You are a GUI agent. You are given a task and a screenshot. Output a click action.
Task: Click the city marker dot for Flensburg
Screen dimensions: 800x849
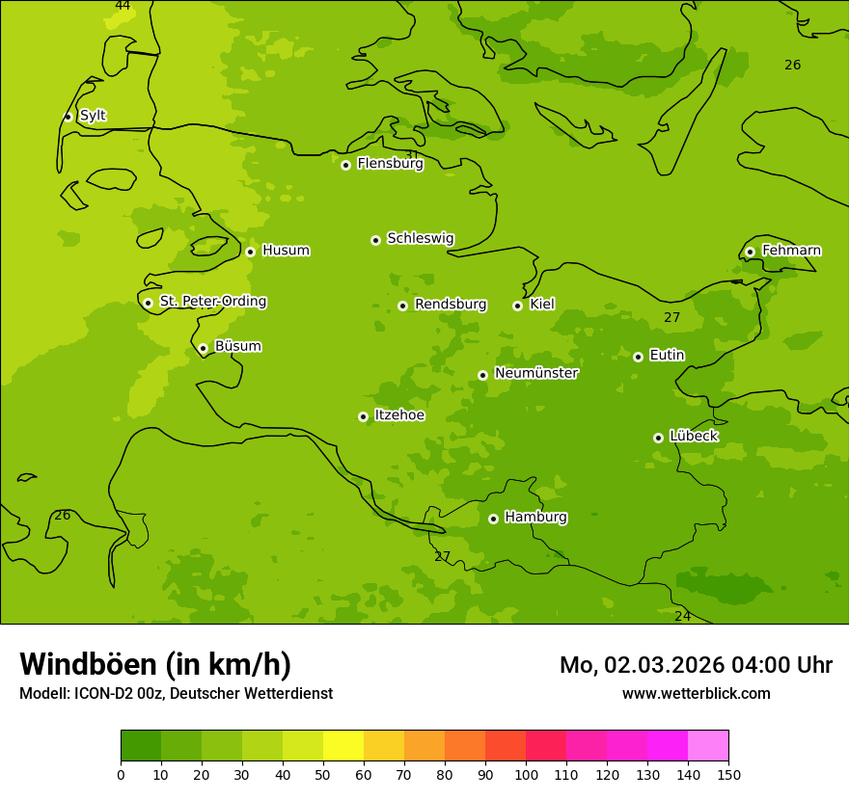tap(345, 165)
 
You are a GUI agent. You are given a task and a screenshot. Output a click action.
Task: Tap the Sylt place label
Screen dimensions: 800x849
tap(93, 116)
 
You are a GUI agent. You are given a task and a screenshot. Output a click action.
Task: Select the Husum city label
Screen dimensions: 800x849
tap(286, 251)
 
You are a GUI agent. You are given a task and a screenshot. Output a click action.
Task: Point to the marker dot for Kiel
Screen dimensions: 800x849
tap(517, 306)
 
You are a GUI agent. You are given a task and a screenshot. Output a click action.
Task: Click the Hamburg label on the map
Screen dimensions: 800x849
tap(535, 518)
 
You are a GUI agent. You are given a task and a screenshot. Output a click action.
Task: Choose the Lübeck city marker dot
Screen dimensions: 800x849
tap(658, 438)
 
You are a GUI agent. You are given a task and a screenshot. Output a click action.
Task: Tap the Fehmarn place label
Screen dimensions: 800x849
tap(791, 251)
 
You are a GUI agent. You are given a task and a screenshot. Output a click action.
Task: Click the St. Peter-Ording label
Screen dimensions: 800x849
tap(212, 302)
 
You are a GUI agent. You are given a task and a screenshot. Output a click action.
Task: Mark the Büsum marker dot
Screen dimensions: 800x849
tap(203, 348)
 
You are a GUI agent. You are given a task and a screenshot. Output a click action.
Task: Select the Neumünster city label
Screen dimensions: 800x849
tap(535, 373)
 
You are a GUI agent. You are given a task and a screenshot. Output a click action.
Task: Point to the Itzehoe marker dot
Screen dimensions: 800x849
tap(363, 416)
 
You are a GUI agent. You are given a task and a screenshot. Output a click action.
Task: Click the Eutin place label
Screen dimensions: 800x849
tap(667, 356)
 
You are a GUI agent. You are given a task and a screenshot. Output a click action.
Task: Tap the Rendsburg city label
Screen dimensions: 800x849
tap(451, 305)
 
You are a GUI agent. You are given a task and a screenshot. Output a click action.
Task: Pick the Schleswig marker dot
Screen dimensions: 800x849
tap(375, 240)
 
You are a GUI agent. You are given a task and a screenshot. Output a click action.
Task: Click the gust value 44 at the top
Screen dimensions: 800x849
tap(123, 6)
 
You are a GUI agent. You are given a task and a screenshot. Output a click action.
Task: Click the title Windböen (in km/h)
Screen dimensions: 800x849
tap(155, 664)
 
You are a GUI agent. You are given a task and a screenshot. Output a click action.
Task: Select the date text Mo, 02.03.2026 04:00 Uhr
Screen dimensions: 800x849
tap(696, 665)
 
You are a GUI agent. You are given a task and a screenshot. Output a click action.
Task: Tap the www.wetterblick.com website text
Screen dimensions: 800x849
tap(696, 693)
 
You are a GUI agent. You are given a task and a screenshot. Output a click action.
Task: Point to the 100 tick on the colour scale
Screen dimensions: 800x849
tap(526, 774)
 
